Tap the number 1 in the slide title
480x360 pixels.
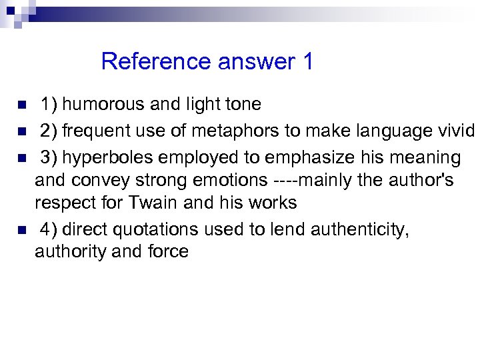coord(307,62)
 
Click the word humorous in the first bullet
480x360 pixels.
coord(103,105)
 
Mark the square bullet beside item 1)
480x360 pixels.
coord(22,105)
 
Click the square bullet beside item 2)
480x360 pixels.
coord(22,132)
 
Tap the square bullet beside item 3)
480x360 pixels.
coord(22,159)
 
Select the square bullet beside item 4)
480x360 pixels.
coord(22,230)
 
